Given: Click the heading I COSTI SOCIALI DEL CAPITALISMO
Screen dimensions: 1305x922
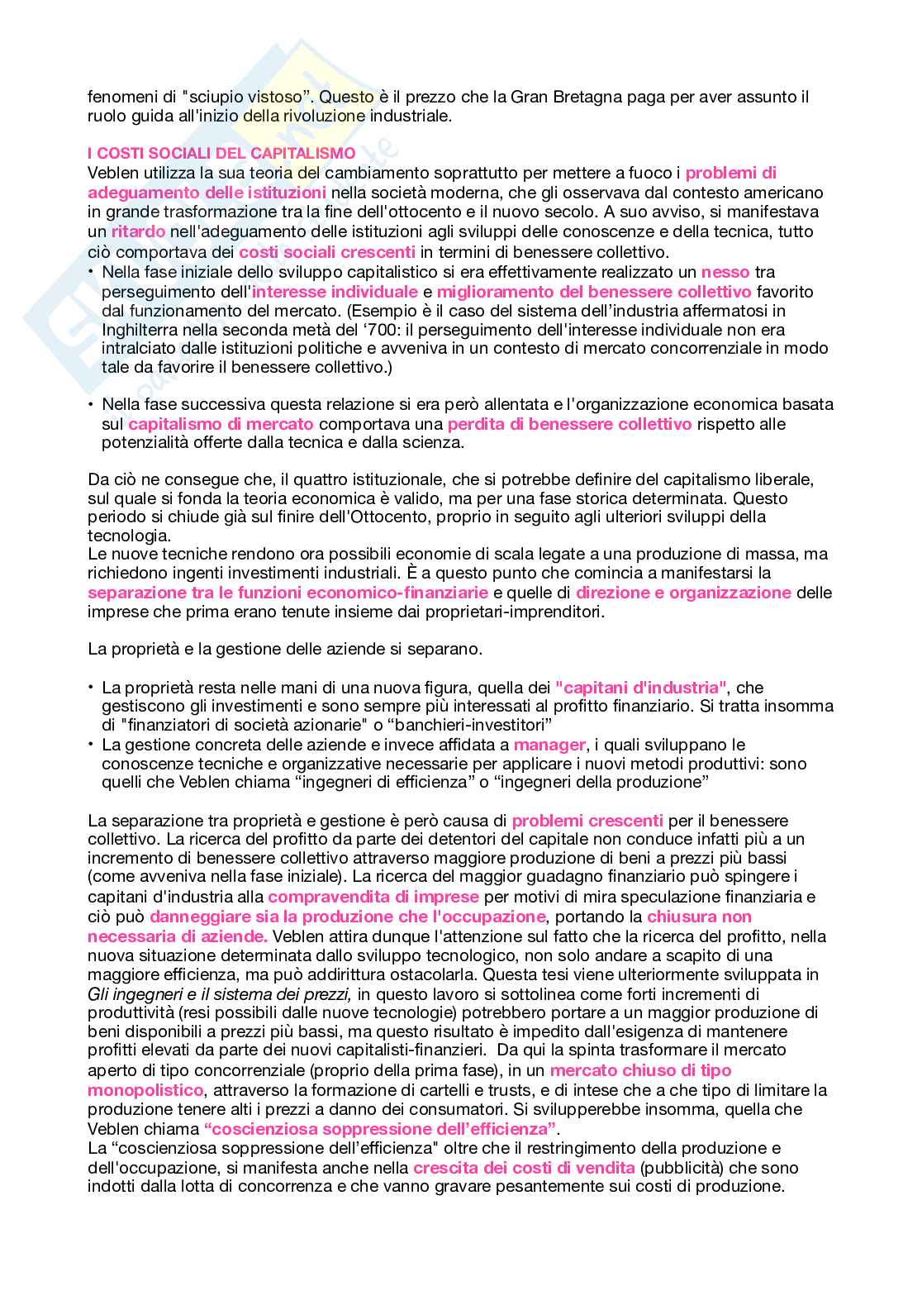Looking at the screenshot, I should [x=221, y=154].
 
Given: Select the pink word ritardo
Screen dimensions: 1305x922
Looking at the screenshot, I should [x=138, y=232].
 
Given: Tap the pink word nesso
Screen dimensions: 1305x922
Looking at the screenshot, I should [x=725, y=272].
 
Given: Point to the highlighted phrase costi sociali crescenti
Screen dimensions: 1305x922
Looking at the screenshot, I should [x=327, y=252].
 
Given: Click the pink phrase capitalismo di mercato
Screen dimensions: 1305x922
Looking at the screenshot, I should [x=221, y=424].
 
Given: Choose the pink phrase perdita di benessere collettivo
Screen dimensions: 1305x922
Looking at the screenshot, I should [x=569, y=424].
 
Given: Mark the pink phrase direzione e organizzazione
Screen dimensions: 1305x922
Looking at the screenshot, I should [x=683, y=593].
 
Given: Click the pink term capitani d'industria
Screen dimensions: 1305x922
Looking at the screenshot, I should [x=641, y=688].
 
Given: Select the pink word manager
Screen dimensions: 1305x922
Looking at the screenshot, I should [x=549, y=745].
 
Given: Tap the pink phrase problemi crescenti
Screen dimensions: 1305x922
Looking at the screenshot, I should [x=587, y=821].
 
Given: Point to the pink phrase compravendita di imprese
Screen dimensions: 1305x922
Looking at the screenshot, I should [x=373, y=897].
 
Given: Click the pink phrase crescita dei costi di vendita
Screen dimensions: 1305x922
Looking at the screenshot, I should [x=524, y=1168].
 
